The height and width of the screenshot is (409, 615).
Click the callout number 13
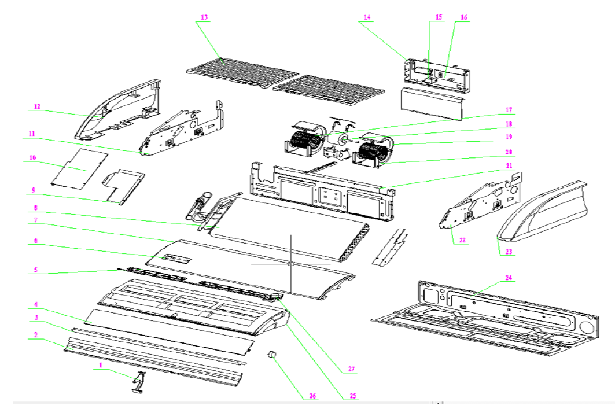point(204,17)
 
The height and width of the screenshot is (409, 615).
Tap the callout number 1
point(100,366)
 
